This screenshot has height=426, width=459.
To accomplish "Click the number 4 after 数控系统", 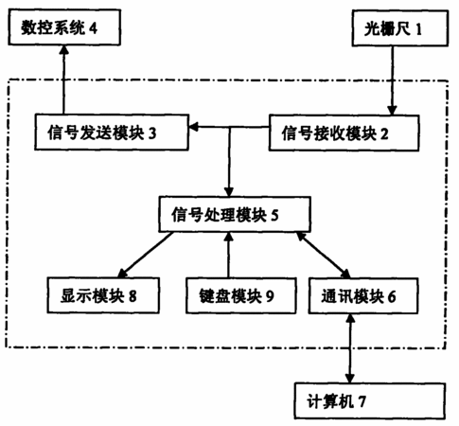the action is coord(93,28).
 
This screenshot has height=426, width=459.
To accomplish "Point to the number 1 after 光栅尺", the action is coord(418,29).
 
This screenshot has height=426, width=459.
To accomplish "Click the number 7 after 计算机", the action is coord(362,401).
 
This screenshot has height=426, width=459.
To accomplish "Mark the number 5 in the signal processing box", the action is coord(274,215).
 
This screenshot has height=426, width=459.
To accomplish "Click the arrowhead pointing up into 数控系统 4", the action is coord(64,50).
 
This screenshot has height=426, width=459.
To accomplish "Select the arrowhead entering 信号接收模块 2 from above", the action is coord(392,110).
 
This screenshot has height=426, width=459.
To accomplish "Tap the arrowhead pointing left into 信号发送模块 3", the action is coord(194,127).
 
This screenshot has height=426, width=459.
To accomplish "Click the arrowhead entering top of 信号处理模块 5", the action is coord(229,191).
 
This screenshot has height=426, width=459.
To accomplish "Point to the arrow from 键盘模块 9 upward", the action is coord(229,255).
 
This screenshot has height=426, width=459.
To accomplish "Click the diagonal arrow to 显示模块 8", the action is coord(145,256).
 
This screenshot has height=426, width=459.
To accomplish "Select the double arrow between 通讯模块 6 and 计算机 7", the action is coord(350,348).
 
